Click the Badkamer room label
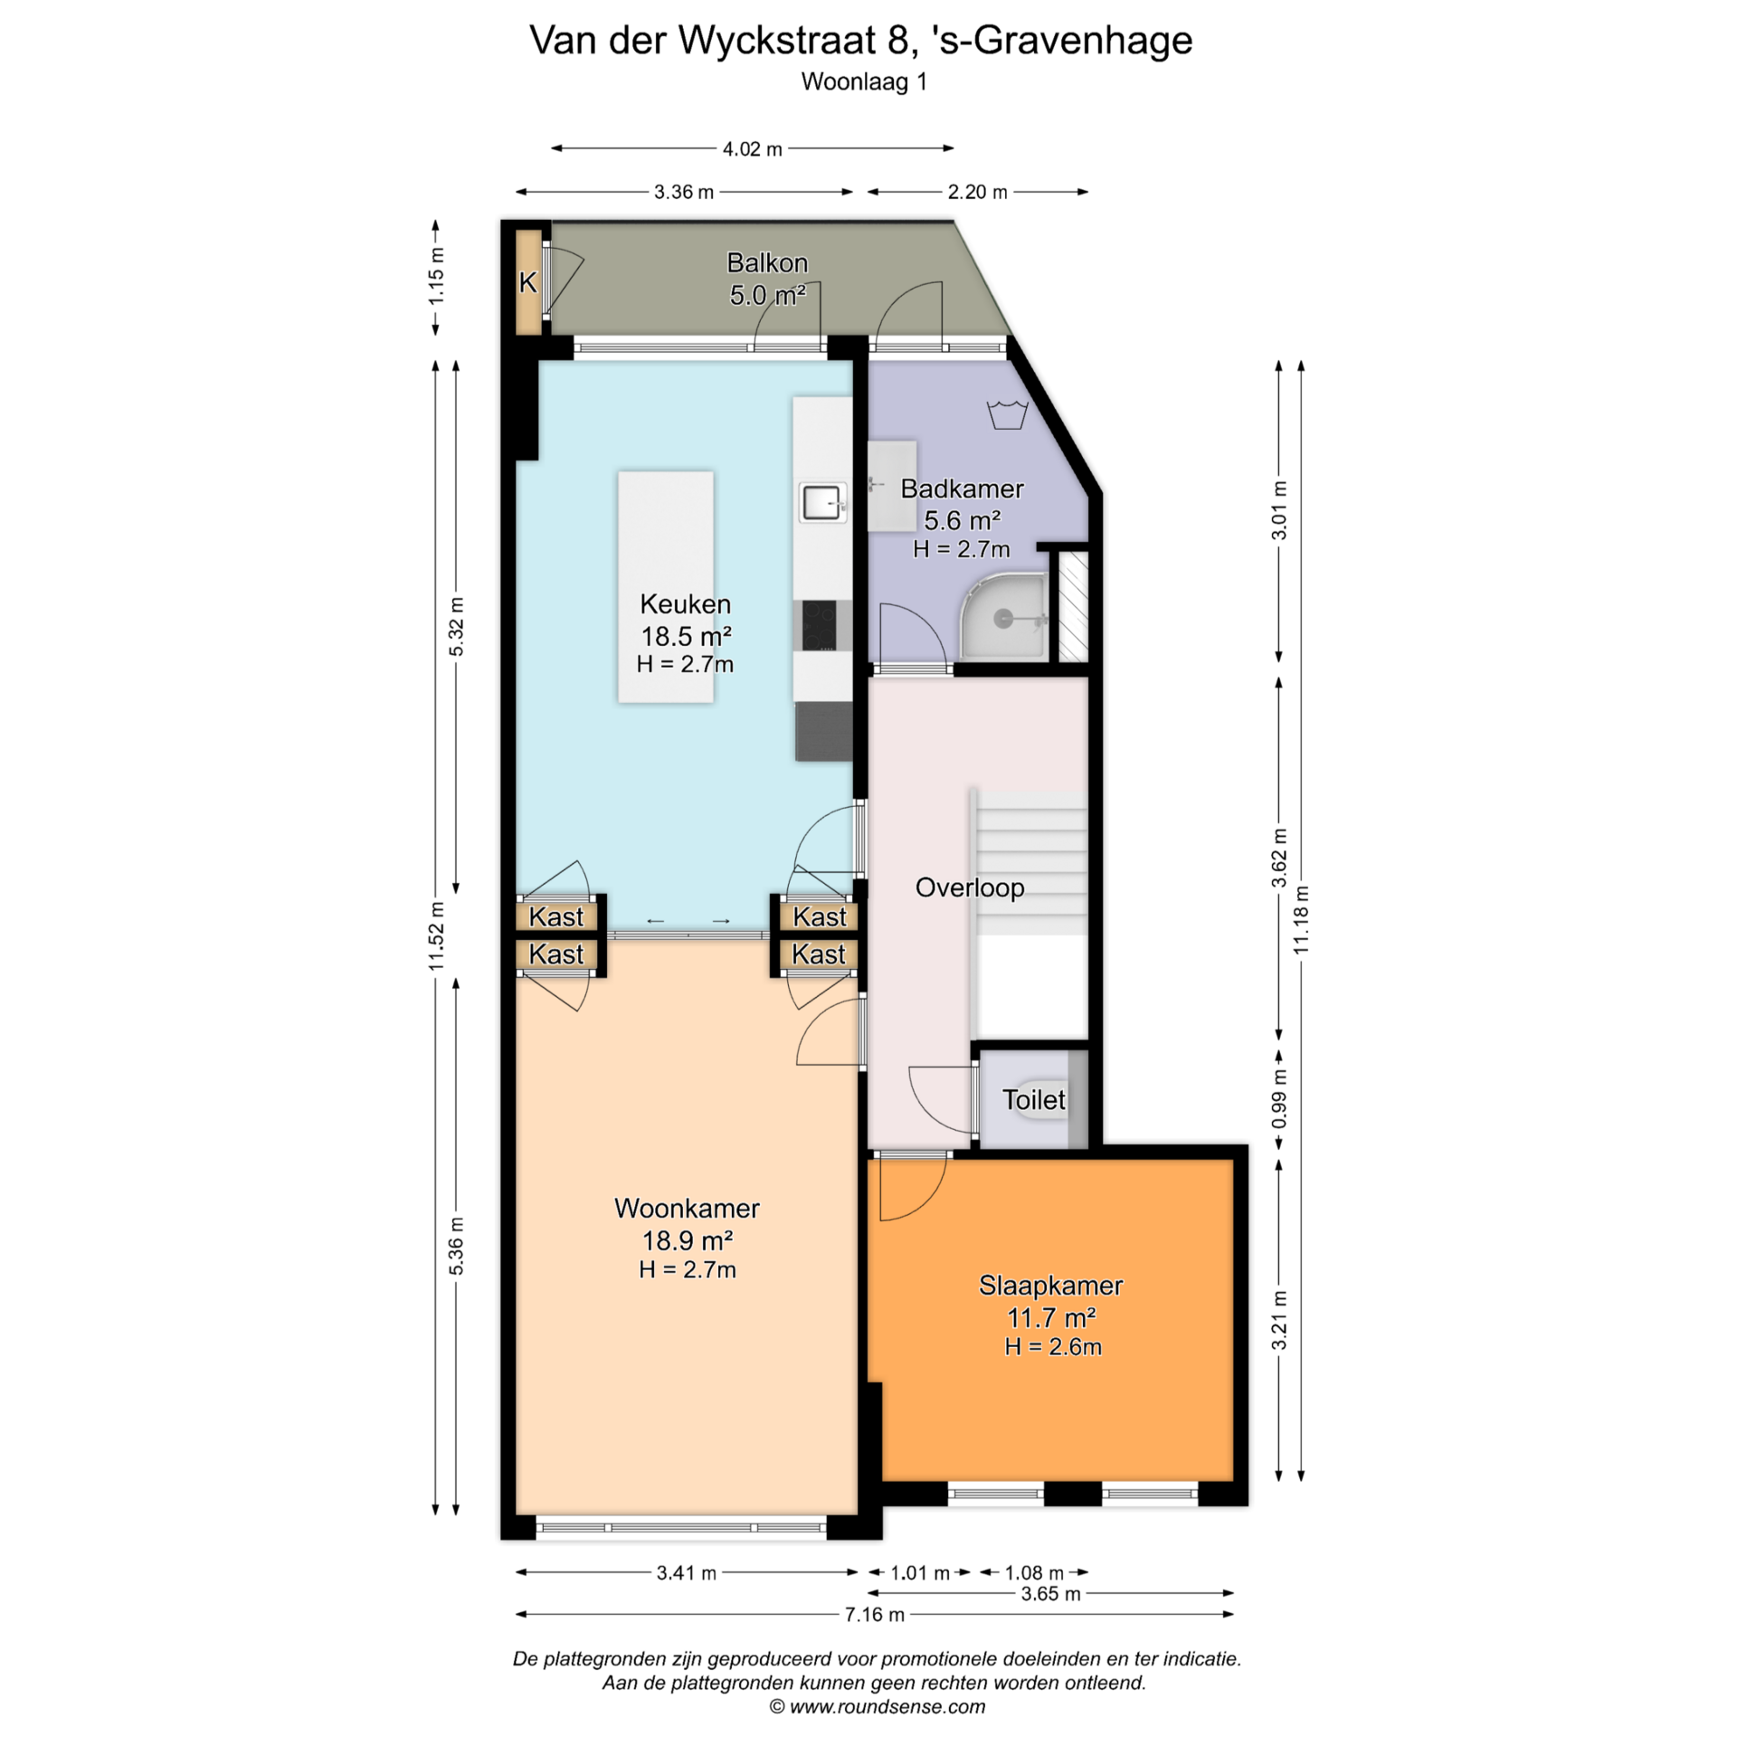point(962,489)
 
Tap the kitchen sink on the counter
point(822,502)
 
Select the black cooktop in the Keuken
point(820,625)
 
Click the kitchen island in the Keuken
point(666,586)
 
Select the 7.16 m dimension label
point(874,1615)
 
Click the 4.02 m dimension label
point(752,148)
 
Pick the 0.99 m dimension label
point(1278,1098)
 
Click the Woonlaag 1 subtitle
point(864,81)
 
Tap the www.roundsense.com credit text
point(887,1707)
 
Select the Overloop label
point(970,887)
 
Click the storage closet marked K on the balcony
point(527,282)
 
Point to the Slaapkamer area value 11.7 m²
point(1051,1316)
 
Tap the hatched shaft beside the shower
point(1074,605)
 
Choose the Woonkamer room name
point(687,1209)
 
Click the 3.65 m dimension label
point(1050,1593)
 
